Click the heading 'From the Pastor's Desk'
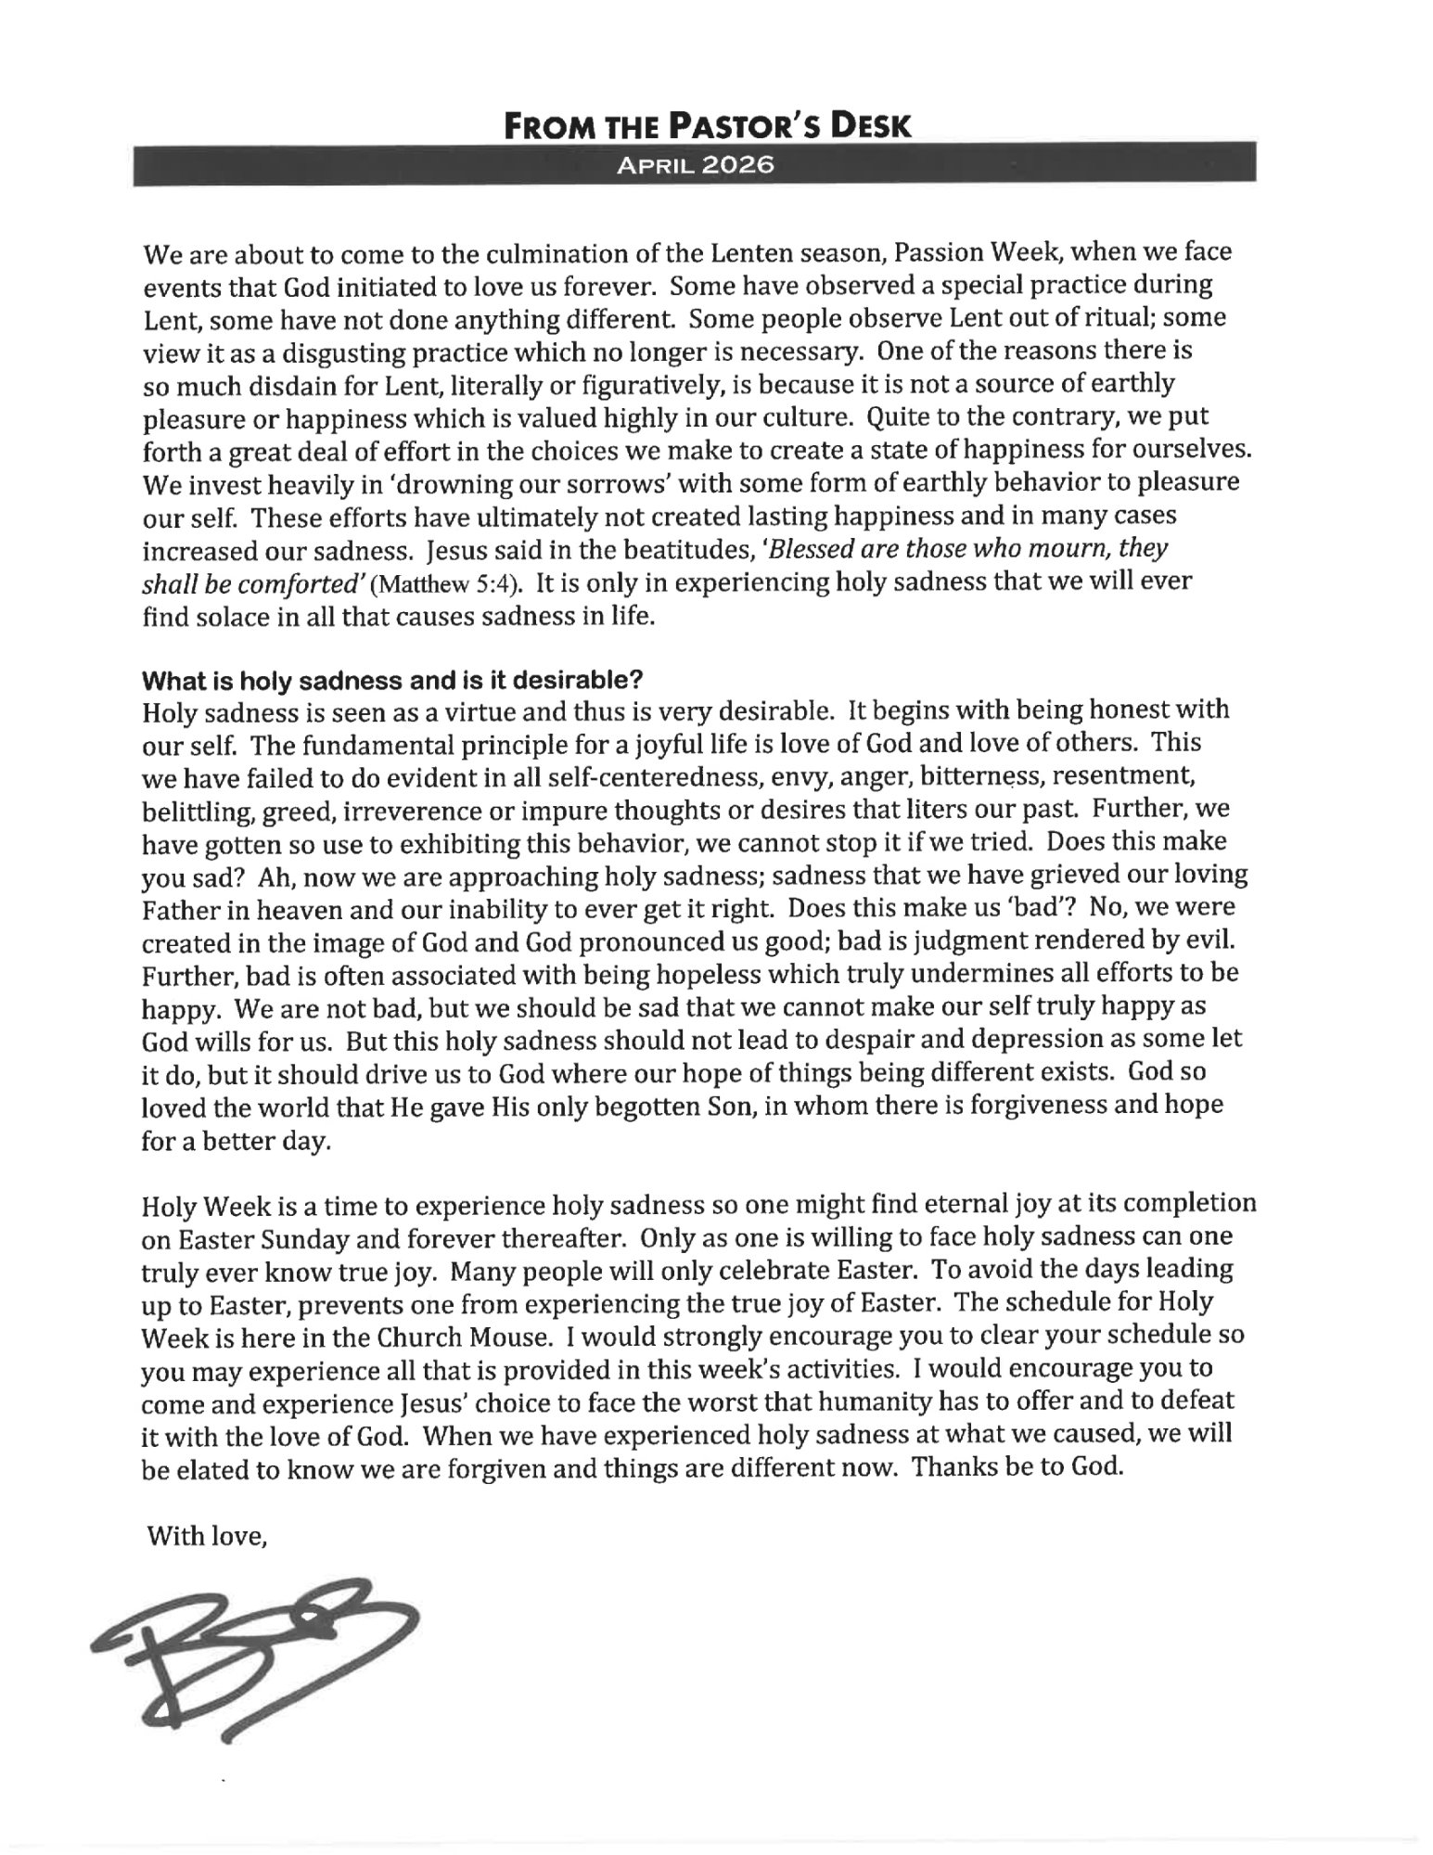point(707,124)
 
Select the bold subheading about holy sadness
point(391,679)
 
